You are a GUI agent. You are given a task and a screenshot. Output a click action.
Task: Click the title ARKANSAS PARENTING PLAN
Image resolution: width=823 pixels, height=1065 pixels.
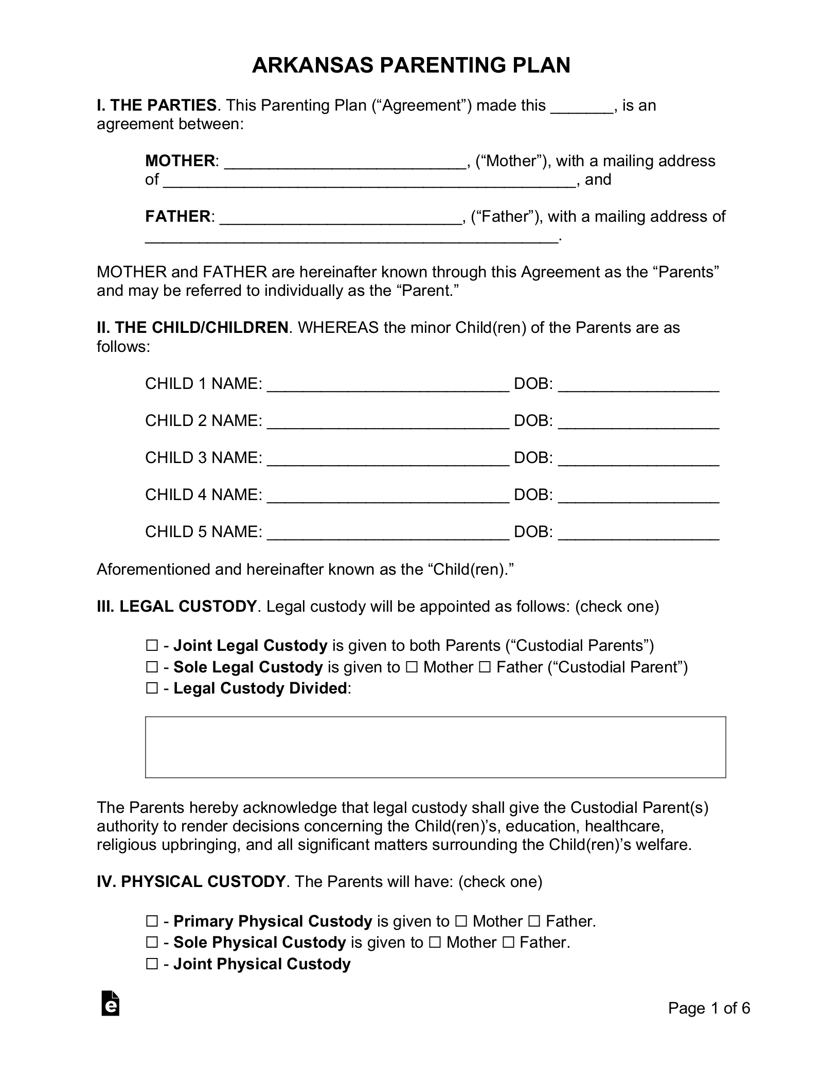point(410,66)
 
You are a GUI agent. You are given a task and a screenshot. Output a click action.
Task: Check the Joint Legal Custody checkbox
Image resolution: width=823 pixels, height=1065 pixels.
point(152,645)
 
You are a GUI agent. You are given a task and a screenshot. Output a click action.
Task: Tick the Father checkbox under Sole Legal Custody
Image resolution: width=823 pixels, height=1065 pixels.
point(485,667)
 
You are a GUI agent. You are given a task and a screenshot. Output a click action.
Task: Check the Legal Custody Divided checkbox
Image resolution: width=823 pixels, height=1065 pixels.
point(152,688)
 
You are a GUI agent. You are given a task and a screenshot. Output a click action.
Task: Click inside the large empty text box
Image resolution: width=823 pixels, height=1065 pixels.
point(435,747)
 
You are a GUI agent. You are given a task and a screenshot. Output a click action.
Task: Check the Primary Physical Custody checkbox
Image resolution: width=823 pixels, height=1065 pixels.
point(152,921)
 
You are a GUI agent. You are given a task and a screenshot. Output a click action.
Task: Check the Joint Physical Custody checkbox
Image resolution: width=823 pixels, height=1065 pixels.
point(152,964)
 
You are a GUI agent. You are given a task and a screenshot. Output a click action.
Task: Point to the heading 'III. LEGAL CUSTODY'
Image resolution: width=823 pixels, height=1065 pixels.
point(176,607)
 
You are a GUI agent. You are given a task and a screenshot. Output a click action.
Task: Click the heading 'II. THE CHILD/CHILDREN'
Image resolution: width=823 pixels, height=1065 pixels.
point(192,328)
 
